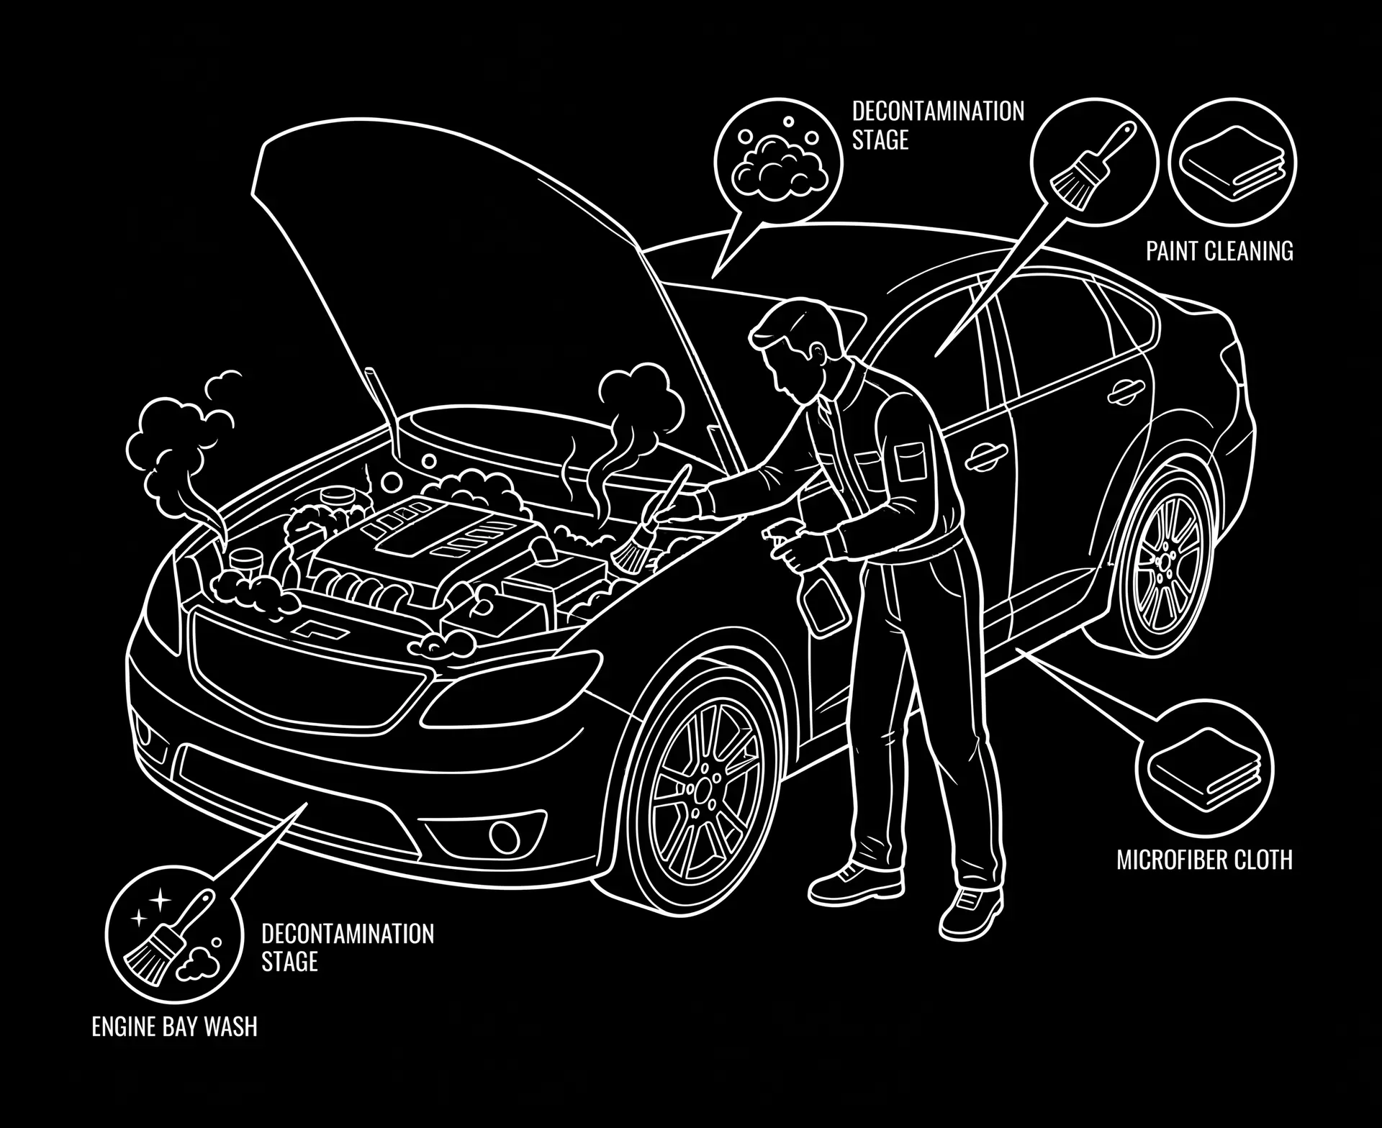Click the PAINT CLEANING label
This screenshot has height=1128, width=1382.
(1219, 251)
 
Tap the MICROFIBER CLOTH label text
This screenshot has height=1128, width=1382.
(1204, 860)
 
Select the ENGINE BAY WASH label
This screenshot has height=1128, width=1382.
(174, 1027)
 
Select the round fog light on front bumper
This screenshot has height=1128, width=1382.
(498, 834)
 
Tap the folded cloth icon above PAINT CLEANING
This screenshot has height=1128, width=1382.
(1232, 163)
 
